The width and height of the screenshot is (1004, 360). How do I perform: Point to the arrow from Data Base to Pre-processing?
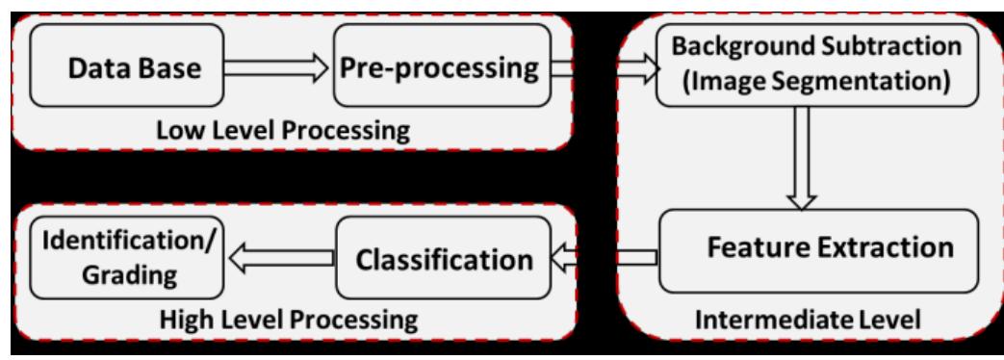tap(277, 65)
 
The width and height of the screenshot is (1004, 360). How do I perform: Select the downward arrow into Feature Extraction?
tap(801, 160)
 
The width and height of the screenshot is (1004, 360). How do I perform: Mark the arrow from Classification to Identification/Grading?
tap(281, 257)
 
